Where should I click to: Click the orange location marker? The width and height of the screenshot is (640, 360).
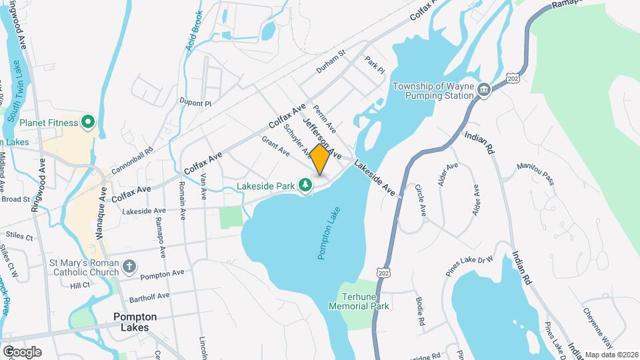pyautogui.click(x=320, y=159)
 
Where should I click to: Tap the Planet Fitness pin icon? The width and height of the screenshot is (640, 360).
pyautogui.click(x=87, y=122)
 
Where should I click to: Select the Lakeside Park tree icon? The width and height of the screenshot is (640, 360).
pyautogui.click(x=305, y=185)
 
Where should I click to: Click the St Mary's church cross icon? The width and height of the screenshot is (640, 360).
pyautogui.click(x=129, y=267)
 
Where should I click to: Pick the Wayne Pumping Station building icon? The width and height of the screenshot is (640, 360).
pyautogui.click(x=485, y=90)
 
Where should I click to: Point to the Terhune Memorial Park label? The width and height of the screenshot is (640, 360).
pyautogui.click(x=359, y=301)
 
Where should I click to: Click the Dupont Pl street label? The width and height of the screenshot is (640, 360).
pyautogui.click(x=195, y=103)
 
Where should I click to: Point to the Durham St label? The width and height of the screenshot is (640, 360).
pyautogui.click(x=331, y=61)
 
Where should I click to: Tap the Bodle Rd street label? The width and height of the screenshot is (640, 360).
pyautogui.click(x=420, y=311)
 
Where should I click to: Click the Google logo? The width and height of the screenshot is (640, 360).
pyautogui.click(x=22, y=351)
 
